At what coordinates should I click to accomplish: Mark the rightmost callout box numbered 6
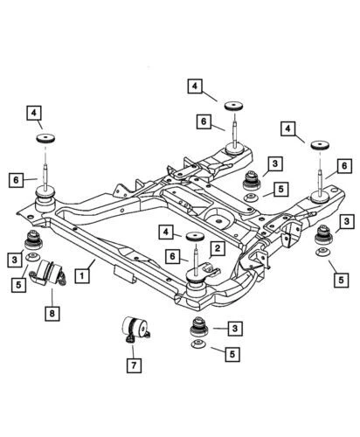coord(344,165)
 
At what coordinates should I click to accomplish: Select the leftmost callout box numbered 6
coord(17,180)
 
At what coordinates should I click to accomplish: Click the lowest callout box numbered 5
coord(232,354)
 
